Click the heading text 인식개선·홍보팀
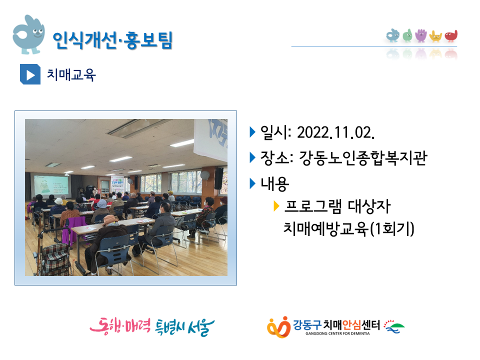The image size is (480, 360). coord(112,40)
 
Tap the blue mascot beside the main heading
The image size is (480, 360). coord(28,34)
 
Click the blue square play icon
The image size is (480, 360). coord(30,74)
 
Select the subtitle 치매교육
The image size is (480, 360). coord(71,74)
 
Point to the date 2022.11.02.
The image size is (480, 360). coord(336,132)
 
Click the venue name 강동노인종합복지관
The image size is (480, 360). coord(363,158)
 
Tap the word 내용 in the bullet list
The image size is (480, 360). coord(274,183)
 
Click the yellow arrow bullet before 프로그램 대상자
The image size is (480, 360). coord(276,206)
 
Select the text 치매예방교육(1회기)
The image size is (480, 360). coord(348,228)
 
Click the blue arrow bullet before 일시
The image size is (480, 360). coord(252,132)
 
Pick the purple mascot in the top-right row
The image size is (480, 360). coord(421,35)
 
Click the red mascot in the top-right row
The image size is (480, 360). coord(451,36)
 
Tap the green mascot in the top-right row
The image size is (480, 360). coord(407,35)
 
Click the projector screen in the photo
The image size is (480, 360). coord(51,186)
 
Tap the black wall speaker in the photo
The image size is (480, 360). coord(218,178)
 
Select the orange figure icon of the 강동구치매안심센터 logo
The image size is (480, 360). coord(278,327)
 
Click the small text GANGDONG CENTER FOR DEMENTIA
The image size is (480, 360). coord(337,333)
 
